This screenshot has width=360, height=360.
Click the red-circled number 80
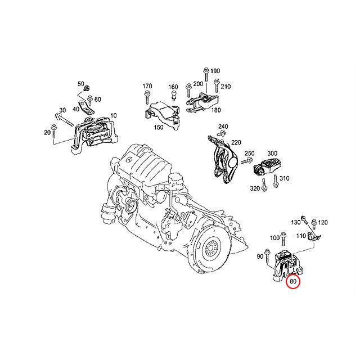click(292, 281)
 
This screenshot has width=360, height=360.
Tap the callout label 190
click(215, 71)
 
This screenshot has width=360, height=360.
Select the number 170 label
click(147, 86)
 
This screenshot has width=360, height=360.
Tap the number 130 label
click(295, 223)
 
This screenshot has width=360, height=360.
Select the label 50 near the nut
click(80, 83)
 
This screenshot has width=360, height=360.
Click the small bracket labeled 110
click(316, 238)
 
